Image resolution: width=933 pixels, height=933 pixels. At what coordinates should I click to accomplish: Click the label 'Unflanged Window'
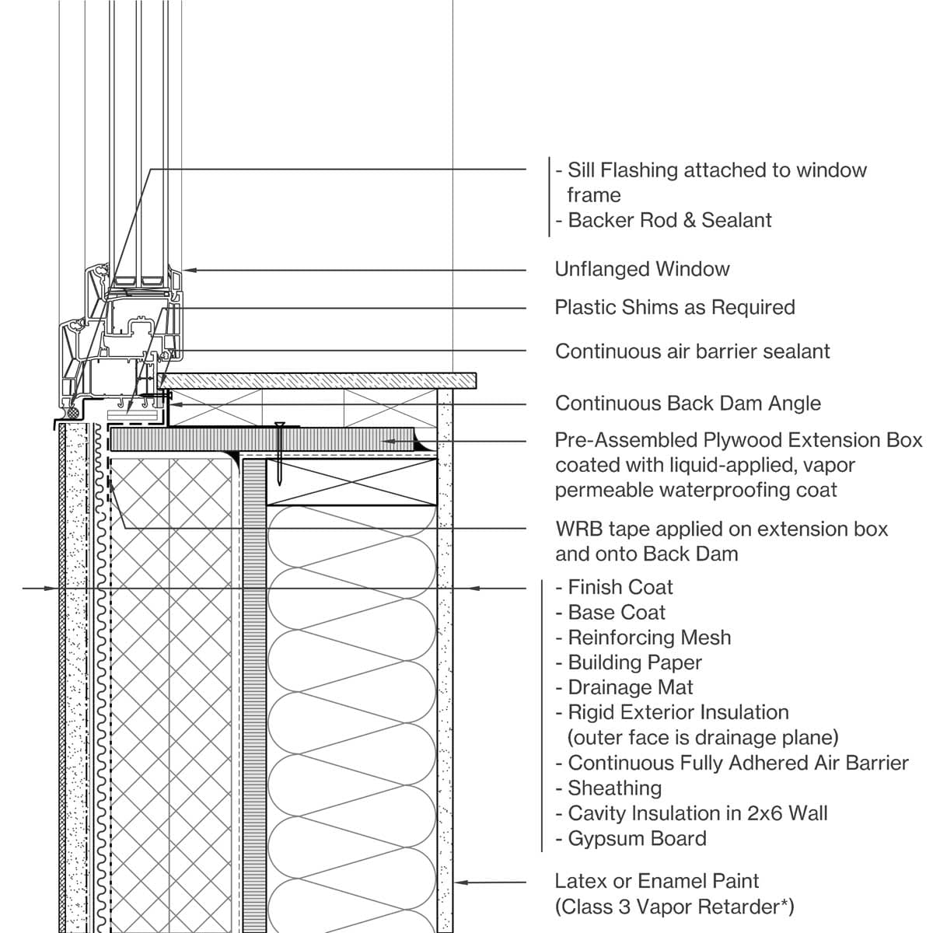(x=641, y=270)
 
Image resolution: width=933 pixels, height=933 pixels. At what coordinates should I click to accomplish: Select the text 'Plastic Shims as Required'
(x=674, y=307)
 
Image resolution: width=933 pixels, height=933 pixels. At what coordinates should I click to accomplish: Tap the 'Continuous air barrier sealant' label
(x=692, y=351)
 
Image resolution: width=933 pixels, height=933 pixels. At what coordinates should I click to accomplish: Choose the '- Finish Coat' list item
(x=614, y=587)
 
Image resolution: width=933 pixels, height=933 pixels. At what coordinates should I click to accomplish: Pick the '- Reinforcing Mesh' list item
(x=643, y=638)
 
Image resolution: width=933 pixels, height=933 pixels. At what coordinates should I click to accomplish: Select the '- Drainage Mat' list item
(x=624, y=687)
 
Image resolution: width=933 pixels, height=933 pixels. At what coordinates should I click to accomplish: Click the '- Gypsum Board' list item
(x=631, y=839)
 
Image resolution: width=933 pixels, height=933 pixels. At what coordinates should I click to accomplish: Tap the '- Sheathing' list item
(x=609, y=788)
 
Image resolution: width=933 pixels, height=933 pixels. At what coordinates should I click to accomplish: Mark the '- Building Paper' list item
(x=628, y=662)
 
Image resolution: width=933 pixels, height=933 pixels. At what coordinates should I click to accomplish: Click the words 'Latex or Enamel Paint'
(x=656, y=881)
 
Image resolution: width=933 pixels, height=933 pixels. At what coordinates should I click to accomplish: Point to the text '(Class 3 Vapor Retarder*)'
(x=674, y=907)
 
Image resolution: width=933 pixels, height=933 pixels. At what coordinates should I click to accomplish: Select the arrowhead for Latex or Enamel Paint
(x=460, y=882)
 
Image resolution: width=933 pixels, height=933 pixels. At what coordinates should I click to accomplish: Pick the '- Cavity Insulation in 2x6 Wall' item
(x=691, y=814)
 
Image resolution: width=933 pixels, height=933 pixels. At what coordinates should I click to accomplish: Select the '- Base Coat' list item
(x=610, y=613)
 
